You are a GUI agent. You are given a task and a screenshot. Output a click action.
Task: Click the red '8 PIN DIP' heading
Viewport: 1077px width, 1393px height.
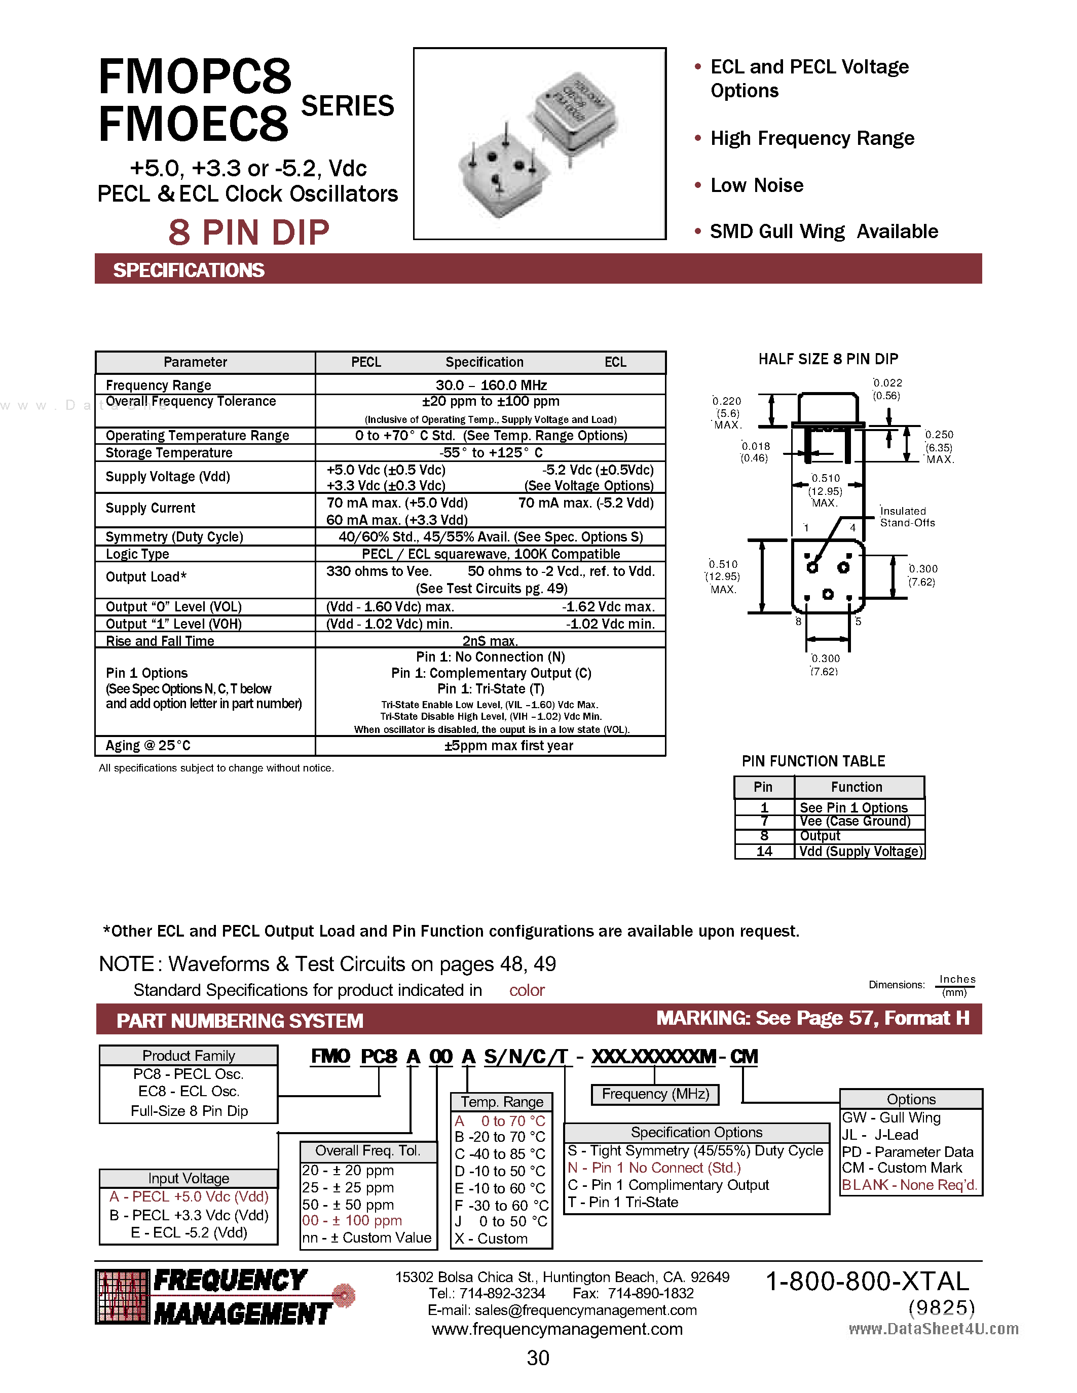click(x=249, y=232)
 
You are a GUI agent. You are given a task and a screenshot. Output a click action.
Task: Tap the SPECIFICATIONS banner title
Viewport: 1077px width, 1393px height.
click(x=189, y=270)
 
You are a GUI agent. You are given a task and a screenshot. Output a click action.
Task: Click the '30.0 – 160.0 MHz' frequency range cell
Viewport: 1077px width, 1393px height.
click(x=491, y=385)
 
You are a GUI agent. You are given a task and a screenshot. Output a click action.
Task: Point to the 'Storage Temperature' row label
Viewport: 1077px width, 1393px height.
click(x=169, y=453)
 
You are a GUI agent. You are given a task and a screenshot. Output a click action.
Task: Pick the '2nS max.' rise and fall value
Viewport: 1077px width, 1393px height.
click(x=490, y=640)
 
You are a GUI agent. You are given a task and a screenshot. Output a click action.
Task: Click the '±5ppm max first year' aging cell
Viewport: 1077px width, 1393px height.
click(x=508, y=746)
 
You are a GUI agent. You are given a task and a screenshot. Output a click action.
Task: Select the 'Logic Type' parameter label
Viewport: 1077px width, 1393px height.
click(x=137, y=554)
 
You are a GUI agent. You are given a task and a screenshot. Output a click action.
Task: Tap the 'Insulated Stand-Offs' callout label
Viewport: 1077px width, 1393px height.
click(x=907, y=517)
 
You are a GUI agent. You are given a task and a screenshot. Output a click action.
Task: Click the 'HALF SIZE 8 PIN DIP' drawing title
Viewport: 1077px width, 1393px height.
click(x=828, y=359)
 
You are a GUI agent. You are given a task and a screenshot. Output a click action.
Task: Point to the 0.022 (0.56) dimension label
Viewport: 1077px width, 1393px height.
click(x=887, y=389)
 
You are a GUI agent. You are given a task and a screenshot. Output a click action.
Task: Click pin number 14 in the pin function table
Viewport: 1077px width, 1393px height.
click(x=764, y=852)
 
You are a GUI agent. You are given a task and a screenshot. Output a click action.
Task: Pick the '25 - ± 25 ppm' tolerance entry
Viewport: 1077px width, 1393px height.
click(x=348, y=1188)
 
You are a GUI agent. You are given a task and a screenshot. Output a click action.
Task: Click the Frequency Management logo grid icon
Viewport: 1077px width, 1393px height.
click(x=121, y=1297)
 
